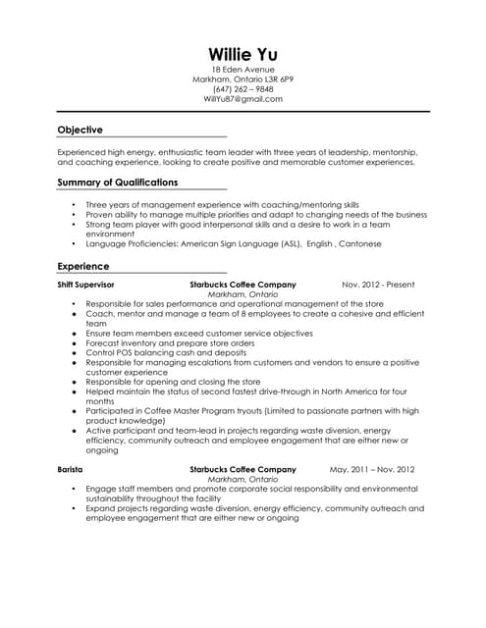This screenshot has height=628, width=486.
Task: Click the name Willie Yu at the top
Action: click(x=243, y=53)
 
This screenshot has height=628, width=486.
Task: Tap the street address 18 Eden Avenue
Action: click(x=243, y=70)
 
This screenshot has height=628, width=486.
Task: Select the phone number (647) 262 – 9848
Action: click(x=243, y=89)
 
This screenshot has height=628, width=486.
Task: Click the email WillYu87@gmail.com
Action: click(x=243, y=99)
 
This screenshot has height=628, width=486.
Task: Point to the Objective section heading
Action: click(x=80, y=130)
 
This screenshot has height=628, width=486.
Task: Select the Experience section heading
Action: click(x=83, y=266)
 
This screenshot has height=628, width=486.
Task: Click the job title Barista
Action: click(x=70, y=469)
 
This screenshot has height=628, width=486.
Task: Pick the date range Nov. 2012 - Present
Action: click(x=378, y=285)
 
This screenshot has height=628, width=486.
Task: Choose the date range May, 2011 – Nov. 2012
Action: click(x=372, y=469)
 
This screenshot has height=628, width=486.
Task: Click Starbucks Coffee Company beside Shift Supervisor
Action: click(x=243, y=285)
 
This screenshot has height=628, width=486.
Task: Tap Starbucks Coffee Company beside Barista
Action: click(x=243, y=469)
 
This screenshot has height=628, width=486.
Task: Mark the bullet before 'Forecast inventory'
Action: click(x=75, y=343)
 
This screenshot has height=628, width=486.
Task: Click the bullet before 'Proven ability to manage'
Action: click(x=75, y=214)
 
